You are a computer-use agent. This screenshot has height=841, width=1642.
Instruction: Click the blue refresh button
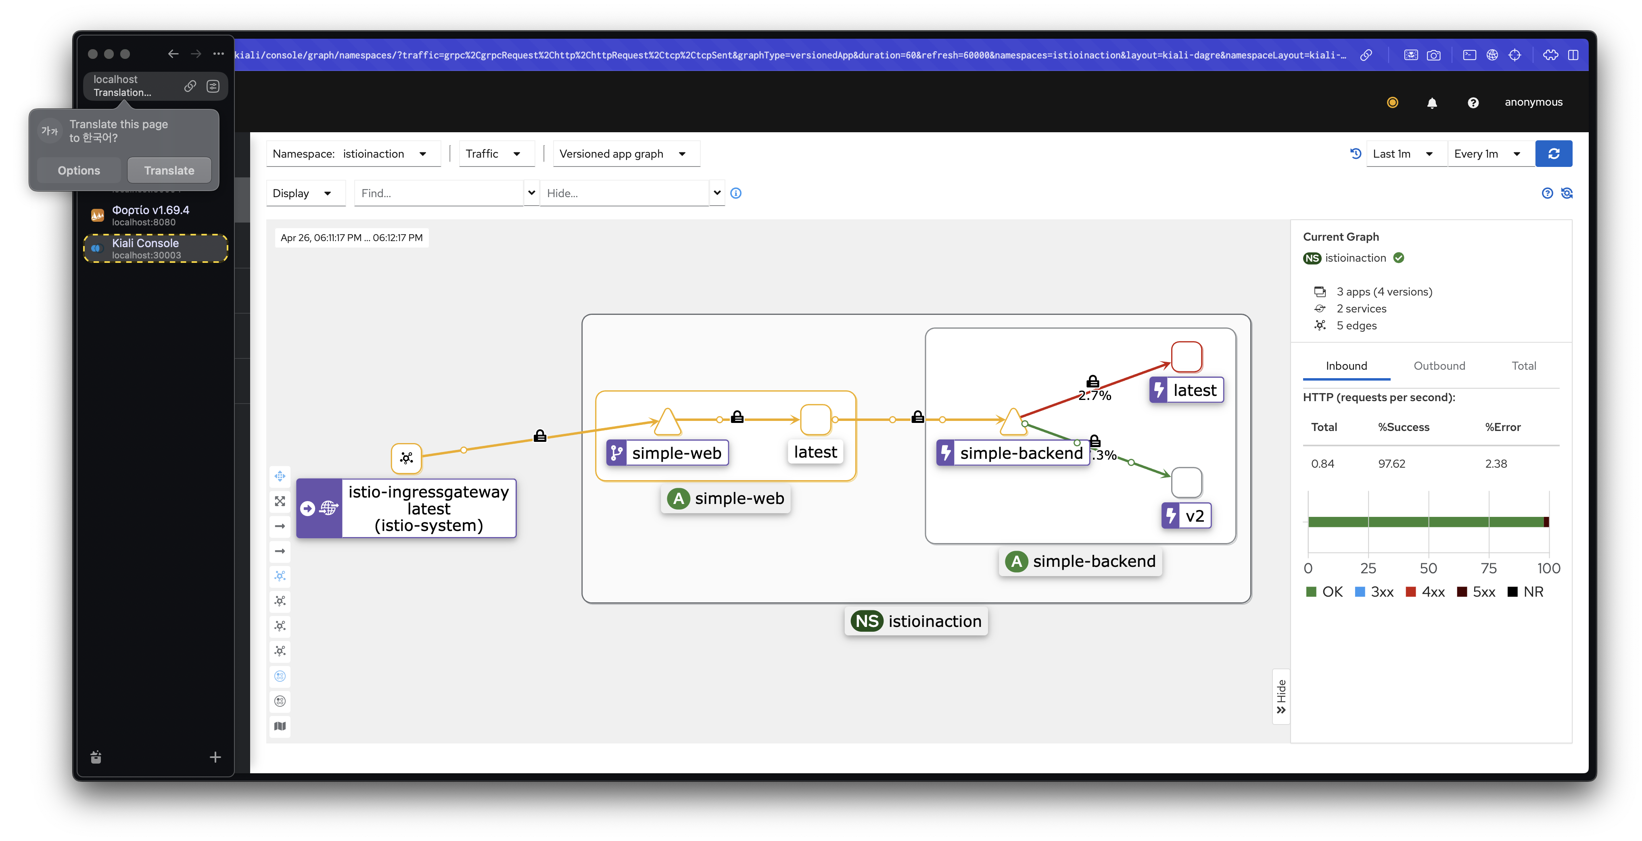pyautogui.click(x=1553, y=154)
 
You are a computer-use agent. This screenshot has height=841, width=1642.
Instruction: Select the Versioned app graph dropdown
pyautogui.click(x=626, y=154)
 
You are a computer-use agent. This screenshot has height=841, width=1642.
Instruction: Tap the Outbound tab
pyautogui.click(x=1439, y=366)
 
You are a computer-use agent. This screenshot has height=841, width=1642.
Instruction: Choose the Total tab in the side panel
pyautogui.click(x=1523, y=366)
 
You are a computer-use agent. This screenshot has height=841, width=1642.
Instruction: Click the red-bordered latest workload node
pyautogui.click(x=1186, y=357)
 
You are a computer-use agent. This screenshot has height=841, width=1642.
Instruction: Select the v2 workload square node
pyautogui.click(x=1186, y=482)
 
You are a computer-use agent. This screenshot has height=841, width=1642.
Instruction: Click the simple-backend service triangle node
pyautogui.click(x=1013, y=423)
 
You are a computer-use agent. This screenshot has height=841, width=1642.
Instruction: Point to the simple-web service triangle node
pyautogui.click(x=667, y=423)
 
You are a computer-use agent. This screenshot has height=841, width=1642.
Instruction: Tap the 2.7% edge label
pyautogui.click(x=1095, y=396)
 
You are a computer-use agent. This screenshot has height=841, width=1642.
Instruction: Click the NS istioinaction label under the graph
pyautogui.click(x=916, y=621)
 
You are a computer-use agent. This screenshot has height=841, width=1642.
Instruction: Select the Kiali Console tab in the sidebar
pyautogui.click(x=156, y=248)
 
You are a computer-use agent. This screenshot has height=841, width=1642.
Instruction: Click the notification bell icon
pyautogui.click(x=1432, y=102)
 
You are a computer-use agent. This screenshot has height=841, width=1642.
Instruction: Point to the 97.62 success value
pyautogui.click(x=1391, y=464)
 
